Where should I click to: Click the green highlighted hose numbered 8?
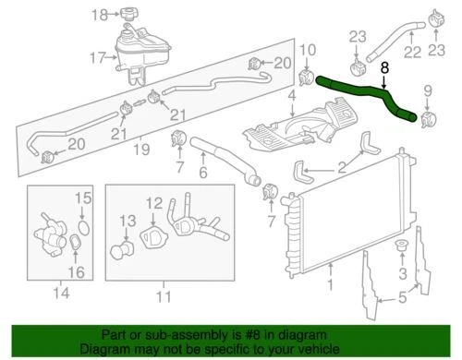point(370,95)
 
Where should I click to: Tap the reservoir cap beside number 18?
point(127,14)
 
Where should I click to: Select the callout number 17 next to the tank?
point(97,59)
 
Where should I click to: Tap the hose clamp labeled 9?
point(427,120)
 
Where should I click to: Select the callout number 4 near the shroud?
point(291,95)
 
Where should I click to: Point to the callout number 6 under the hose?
point(204,172)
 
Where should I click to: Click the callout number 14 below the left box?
point(62,295)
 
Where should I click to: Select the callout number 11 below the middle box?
point(163,295)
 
